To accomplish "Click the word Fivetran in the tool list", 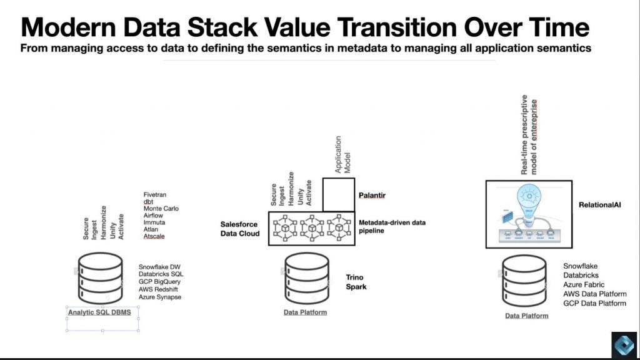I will click(156, 195).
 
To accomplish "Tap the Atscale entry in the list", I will click(154, 236).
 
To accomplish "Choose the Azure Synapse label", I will click(160, 297).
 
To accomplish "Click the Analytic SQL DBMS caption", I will click(100, 312).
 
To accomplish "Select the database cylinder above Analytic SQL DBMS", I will click(100, 279).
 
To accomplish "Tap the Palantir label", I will click(372, 196).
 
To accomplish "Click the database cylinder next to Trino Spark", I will click(306, 279).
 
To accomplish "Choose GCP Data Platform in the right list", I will click(594, 303).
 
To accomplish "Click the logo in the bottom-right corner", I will click(623, 344).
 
